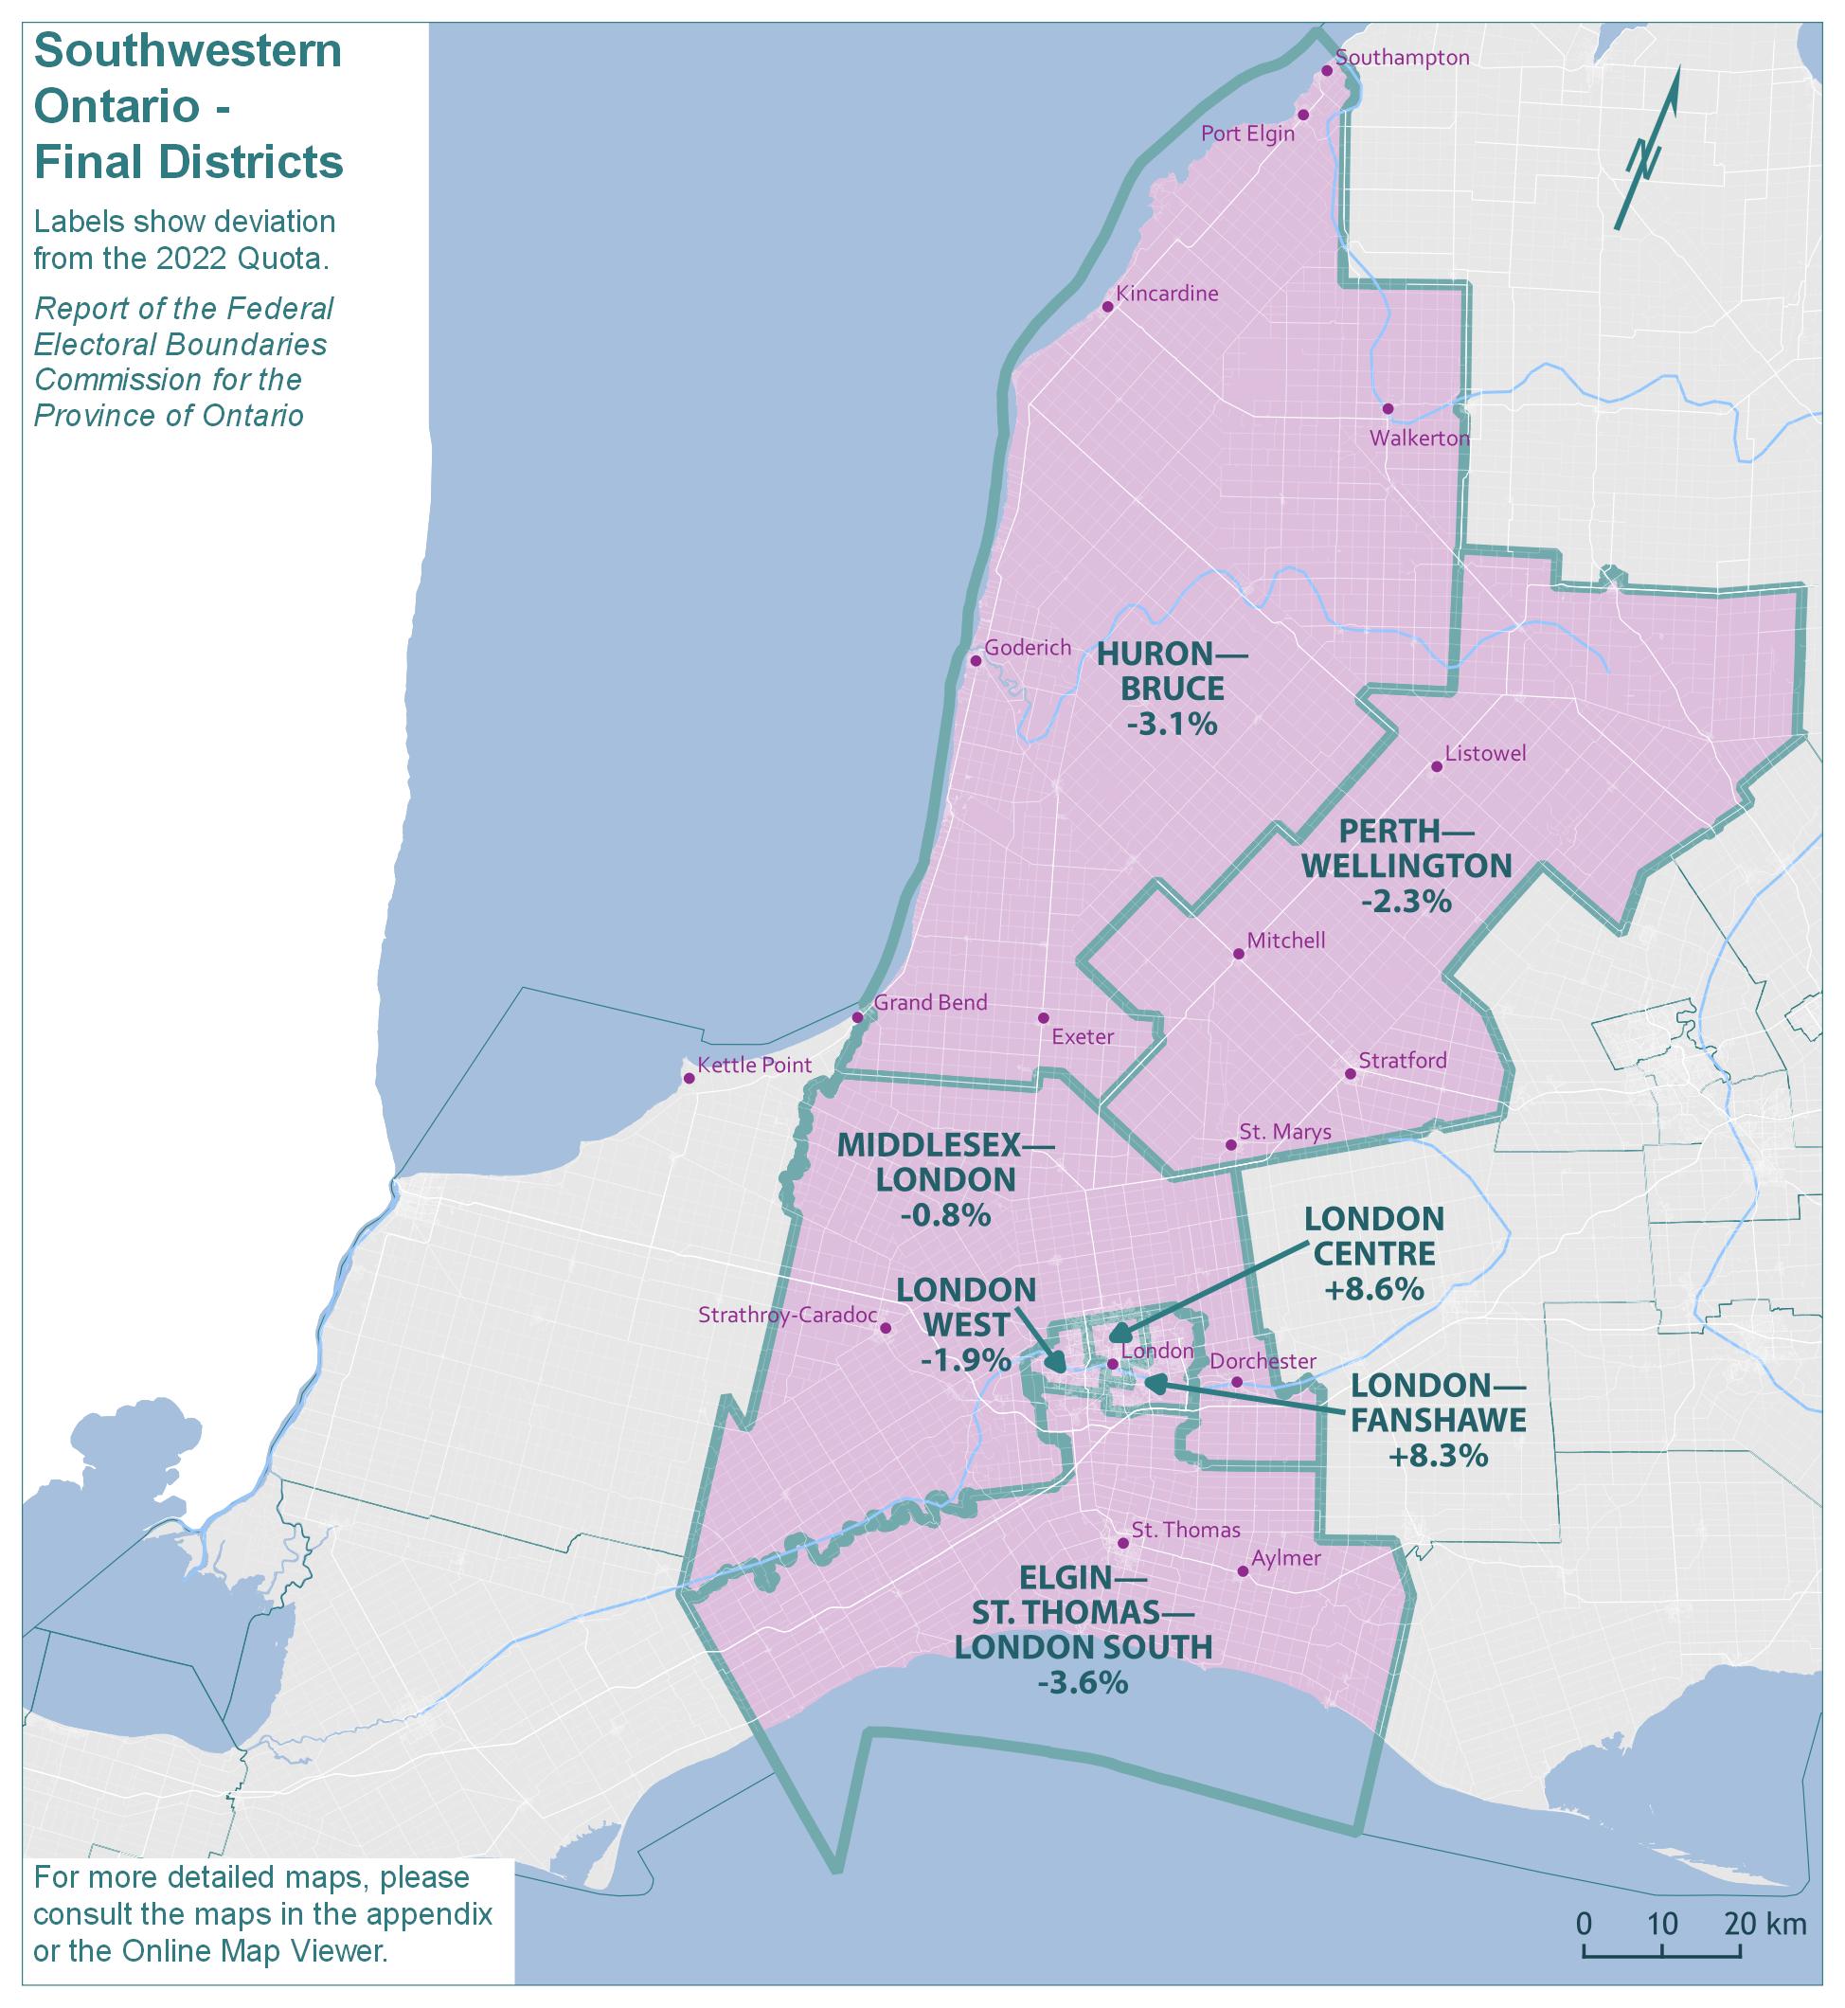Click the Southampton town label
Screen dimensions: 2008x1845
1402,58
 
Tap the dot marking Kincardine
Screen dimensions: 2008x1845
1107,307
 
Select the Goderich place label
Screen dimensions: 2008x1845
1028,648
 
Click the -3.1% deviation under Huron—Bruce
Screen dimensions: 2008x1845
1173,724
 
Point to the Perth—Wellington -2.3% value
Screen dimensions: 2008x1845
1406,902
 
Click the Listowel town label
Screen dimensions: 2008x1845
1486,754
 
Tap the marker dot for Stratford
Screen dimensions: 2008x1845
1350,1074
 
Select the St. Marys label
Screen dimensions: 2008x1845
1285,1132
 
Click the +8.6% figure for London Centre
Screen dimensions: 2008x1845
1373,1288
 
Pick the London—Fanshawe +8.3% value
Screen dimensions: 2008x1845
1438,1455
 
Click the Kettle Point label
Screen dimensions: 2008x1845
754,1066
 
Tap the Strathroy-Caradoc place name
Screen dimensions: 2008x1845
787,1315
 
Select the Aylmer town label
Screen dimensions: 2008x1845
1285,1559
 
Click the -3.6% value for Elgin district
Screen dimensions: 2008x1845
1083,1682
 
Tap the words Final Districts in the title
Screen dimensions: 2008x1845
188,163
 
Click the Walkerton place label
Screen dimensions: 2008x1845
1419,439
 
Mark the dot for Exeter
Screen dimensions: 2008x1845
1044,1017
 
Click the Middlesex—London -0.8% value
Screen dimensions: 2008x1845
944,1215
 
